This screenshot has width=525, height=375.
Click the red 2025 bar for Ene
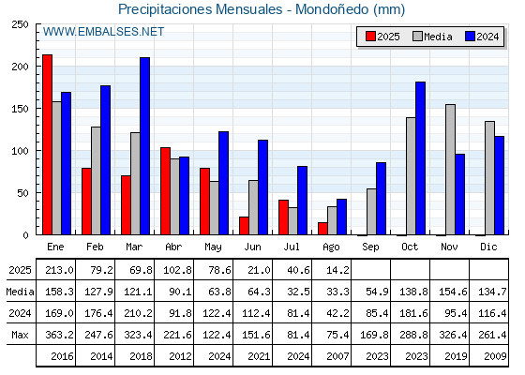[47, 144]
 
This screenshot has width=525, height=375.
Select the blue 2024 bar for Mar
[145, 146]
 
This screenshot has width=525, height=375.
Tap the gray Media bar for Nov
[450, 170]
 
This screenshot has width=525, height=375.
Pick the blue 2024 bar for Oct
[421, 158]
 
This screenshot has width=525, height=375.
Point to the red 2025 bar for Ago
[322, 229]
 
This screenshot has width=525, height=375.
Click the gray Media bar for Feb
[96, 181]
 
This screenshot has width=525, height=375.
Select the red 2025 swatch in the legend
[370, 37]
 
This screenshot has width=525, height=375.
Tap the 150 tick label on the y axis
[20, 109]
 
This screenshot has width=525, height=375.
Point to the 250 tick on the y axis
[20, 24]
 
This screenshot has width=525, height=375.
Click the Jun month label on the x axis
[252, 247]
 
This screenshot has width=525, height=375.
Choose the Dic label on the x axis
[488, 247]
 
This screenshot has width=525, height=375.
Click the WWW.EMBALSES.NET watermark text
[103, 32]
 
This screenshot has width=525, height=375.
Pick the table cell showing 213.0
[59, 270]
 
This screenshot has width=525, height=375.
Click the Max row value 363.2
[59, 335]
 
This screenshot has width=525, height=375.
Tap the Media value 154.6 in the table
[453, 292]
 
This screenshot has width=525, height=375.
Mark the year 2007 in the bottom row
[337, 356]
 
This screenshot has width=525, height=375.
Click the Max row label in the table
[20, 335]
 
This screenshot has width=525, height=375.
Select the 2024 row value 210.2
[138, 313]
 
